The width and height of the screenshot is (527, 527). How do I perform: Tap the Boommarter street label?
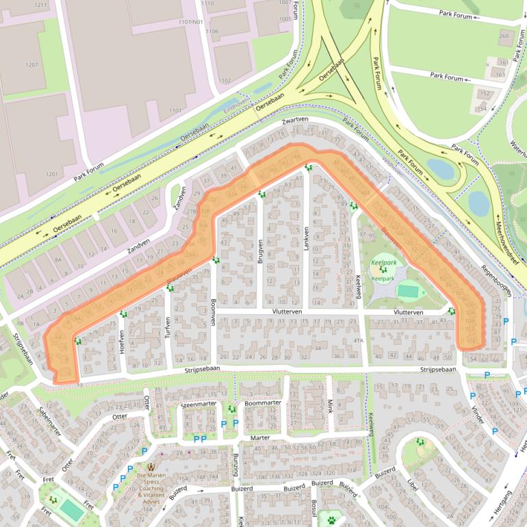tap(262, 403)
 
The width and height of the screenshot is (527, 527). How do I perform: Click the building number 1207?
tap(31, 65)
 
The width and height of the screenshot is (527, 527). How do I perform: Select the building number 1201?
tap(52, 175)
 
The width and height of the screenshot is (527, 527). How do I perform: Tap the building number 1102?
tap(224, 80)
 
